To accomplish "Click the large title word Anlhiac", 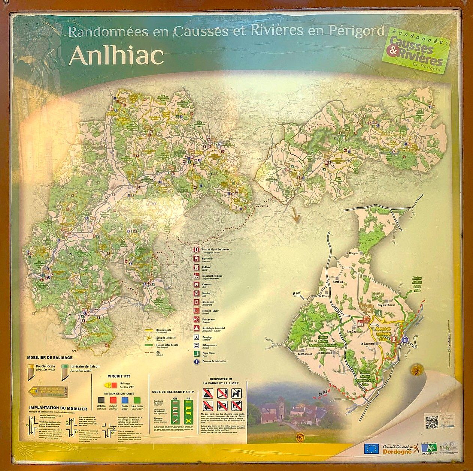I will click(116, 55).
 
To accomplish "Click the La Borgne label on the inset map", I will click(352, 253).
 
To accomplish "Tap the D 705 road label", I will click(296, 293).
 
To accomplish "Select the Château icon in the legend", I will click(196, 267).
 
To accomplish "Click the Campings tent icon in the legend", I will click(196, 337).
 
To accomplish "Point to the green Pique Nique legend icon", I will click(196, 353).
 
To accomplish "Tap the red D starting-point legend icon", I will click(196, 249).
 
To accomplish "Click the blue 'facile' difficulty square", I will click(125, 400).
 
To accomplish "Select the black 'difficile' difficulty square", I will click(101, 400).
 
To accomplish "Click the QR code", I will click(432, 422).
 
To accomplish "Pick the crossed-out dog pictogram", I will click(236, 393).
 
